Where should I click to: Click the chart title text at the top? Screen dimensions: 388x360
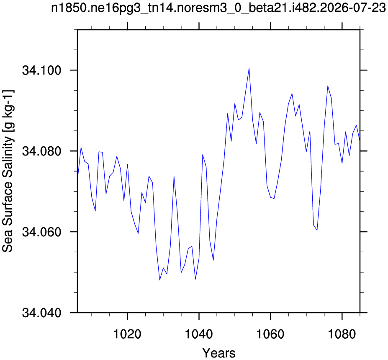click(218, 8)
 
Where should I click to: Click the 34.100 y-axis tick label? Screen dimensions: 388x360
click(42, 70)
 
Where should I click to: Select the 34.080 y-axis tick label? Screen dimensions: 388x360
click(42, 151)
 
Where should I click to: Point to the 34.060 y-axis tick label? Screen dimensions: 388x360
click(42, 232)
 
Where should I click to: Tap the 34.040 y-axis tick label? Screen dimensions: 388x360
click(42, 313)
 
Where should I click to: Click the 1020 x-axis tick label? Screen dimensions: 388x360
click(127, 334)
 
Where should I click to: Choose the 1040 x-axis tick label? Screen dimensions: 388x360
click(199, 334)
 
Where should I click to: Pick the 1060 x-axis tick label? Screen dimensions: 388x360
click(270, 334)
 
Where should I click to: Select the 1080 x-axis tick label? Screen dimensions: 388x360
click(342, 334)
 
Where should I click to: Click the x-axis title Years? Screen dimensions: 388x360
click(219, 353)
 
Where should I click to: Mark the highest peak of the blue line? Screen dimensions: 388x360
click(249, 68)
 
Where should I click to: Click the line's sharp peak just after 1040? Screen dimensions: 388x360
click(203, 155)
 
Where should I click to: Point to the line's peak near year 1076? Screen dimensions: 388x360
click(328, 86)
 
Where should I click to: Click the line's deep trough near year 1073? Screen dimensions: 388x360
click(317, 230)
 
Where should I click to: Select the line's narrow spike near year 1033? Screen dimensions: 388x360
click(174, 176)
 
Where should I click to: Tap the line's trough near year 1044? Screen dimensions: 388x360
click(213, 260)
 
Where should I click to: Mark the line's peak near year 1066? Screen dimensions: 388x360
click(292, 93)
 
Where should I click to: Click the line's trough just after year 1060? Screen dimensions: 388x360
click(274, 198)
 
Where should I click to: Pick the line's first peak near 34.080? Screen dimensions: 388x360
click(81, 148)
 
